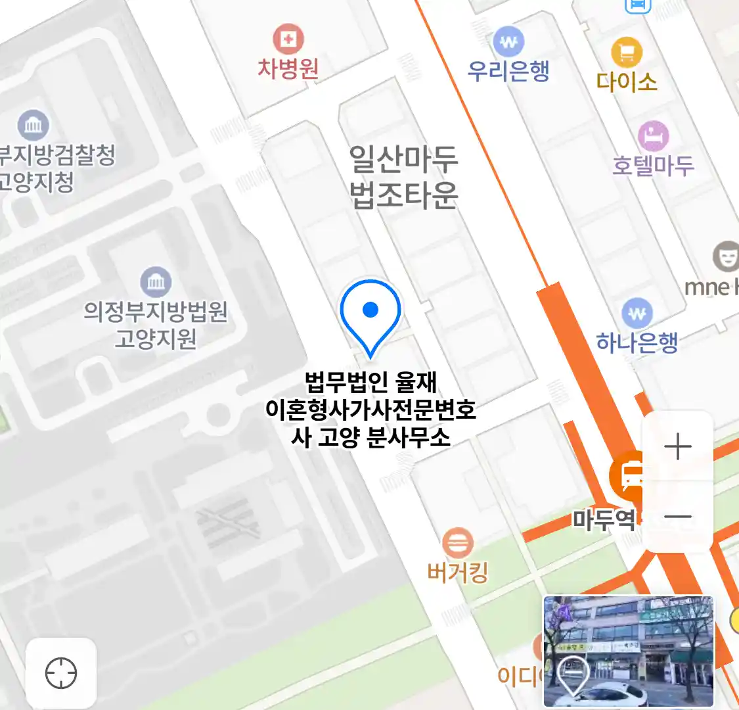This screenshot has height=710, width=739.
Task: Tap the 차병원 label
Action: tap(288, 68)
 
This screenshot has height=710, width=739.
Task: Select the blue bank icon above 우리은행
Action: tap(508, 43)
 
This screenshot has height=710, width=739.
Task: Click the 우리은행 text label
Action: tap(508, 71)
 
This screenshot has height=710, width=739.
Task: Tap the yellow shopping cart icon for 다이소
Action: tap(627, 53)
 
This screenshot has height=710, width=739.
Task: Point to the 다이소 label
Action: tap(627, 82)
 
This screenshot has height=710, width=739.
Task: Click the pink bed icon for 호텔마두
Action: tap(653, 137)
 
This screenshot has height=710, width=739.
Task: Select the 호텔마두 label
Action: tap(653, 165)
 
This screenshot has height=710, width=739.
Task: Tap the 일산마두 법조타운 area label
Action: tap(403, 176)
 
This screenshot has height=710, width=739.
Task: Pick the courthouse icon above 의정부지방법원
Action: tap(156, 283)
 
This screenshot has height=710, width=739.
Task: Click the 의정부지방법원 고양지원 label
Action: tap(156, 324)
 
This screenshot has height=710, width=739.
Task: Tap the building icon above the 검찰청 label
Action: tap(34, 125)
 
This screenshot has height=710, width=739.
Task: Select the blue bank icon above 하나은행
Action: tap(637, 314)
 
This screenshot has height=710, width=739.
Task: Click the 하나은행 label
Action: tap(637, 342)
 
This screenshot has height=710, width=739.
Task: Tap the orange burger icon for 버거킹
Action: tap(457, 544)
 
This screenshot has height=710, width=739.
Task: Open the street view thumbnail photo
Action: tap(629, 651)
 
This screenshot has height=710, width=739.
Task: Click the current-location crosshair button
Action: tap(61, 673)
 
